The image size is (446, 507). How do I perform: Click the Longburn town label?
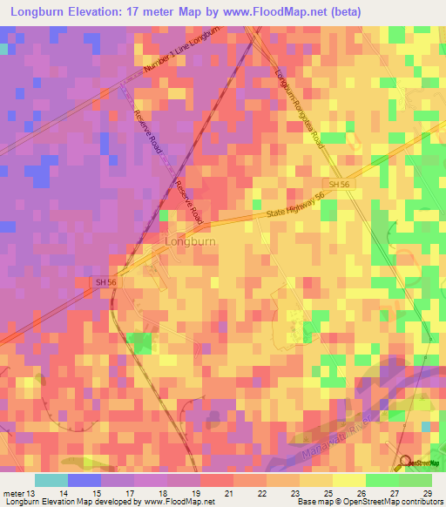coord(191,240)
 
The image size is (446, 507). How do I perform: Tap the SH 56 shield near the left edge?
coord(105,281)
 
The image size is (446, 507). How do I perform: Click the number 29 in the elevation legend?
coord(426,493)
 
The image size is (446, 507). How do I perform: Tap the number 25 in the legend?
coord(327,493)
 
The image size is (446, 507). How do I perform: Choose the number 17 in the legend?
coord(130,493)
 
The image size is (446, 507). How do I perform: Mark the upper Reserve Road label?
coord(149,133)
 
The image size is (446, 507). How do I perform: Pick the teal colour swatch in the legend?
coord(51,480)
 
